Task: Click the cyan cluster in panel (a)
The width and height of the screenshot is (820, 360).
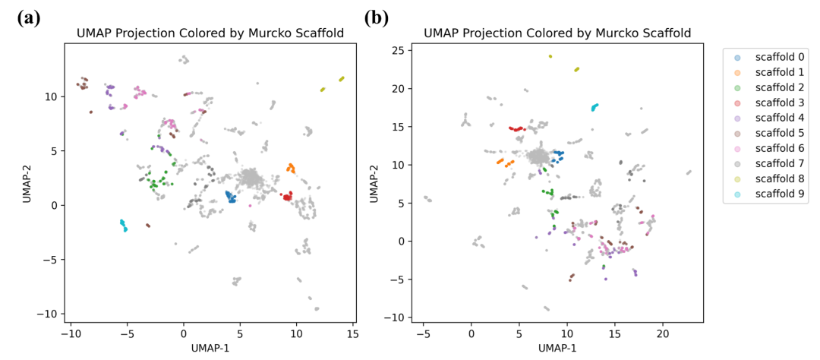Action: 124,225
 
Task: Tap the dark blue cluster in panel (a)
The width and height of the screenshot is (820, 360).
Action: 231,197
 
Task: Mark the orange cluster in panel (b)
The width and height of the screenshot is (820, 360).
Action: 505,161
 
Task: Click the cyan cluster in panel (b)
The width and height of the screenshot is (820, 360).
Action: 594,107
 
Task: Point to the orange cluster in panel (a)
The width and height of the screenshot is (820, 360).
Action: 291,168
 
